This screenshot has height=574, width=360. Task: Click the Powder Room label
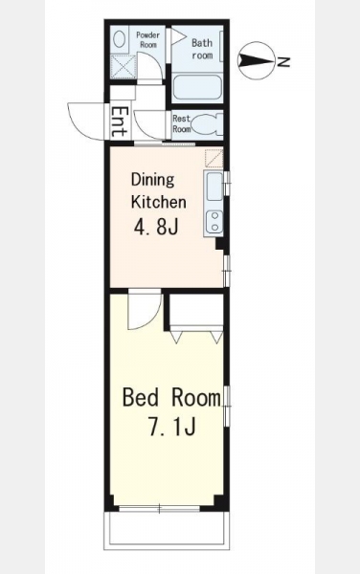[148, 40]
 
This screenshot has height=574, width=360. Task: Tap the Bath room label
[202, 49]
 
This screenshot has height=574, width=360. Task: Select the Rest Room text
[182, 123]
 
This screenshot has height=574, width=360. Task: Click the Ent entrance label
[120, 121]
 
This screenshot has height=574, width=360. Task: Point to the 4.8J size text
[156, 228]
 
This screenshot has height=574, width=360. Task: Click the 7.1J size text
[171, 427]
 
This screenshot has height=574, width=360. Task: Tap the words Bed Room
[171, 398]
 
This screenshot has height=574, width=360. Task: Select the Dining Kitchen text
[159, 190]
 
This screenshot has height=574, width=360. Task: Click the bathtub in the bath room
[197, 87]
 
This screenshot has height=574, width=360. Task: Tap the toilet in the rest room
[207, 124]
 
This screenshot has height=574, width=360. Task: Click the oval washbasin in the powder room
[119, 39]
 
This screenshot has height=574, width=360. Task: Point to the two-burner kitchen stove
[214, 222]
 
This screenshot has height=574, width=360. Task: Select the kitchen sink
[214, 187]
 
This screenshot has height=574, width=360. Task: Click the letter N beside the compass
[282, 62]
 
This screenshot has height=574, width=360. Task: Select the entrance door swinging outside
[86, 121]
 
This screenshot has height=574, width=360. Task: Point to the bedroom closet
[196, 313]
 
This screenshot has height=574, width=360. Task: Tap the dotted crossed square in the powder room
[124, 66]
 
